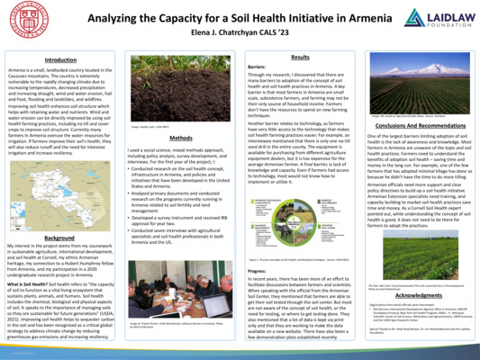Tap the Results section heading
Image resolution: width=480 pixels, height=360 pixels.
point(301,57)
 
